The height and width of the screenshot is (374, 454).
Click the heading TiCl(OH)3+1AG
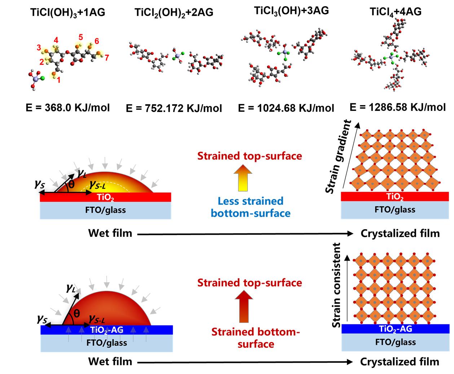click(68, 13)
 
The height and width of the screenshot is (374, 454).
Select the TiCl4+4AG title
click(395, 12)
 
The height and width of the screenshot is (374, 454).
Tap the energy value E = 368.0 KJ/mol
click(68, 108)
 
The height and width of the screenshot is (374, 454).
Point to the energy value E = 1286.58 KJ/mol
click(398, 107)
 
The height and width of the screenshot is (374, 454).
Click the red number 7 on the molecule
click(107, 58)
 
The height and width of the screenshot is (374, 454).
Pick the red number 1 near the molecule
click(59, 80)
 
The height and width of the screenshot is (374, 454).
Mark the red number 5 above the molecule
click(81, 37)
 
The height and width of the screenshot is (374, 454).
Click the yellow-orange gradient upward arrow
click(243, 177)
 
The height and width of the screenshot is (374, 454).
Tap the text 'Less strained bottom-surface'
click(251, 207)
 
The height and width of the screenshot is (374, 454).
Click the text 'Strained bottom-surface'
click(256, 338)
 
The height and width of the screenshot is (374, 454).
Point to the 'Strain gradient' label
click(338, 157)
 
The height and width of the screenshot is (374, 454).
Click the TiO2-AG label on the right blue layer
click(396, 329)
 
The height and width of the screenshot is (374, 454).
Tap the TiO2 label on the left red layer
click(105, 197)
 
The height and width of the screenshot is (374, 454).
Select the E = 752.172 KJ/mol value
click(174, 108)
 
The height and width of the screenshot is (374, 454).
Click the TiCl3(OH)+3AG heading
click(291, 11)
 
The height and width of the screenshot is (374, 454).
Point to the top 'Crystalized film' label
click(400, 233)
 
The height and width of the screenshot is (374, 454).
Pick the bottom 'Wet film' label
click(110, 361)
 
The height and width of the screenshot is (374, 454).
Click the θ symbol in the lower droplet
click(76, 314)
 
